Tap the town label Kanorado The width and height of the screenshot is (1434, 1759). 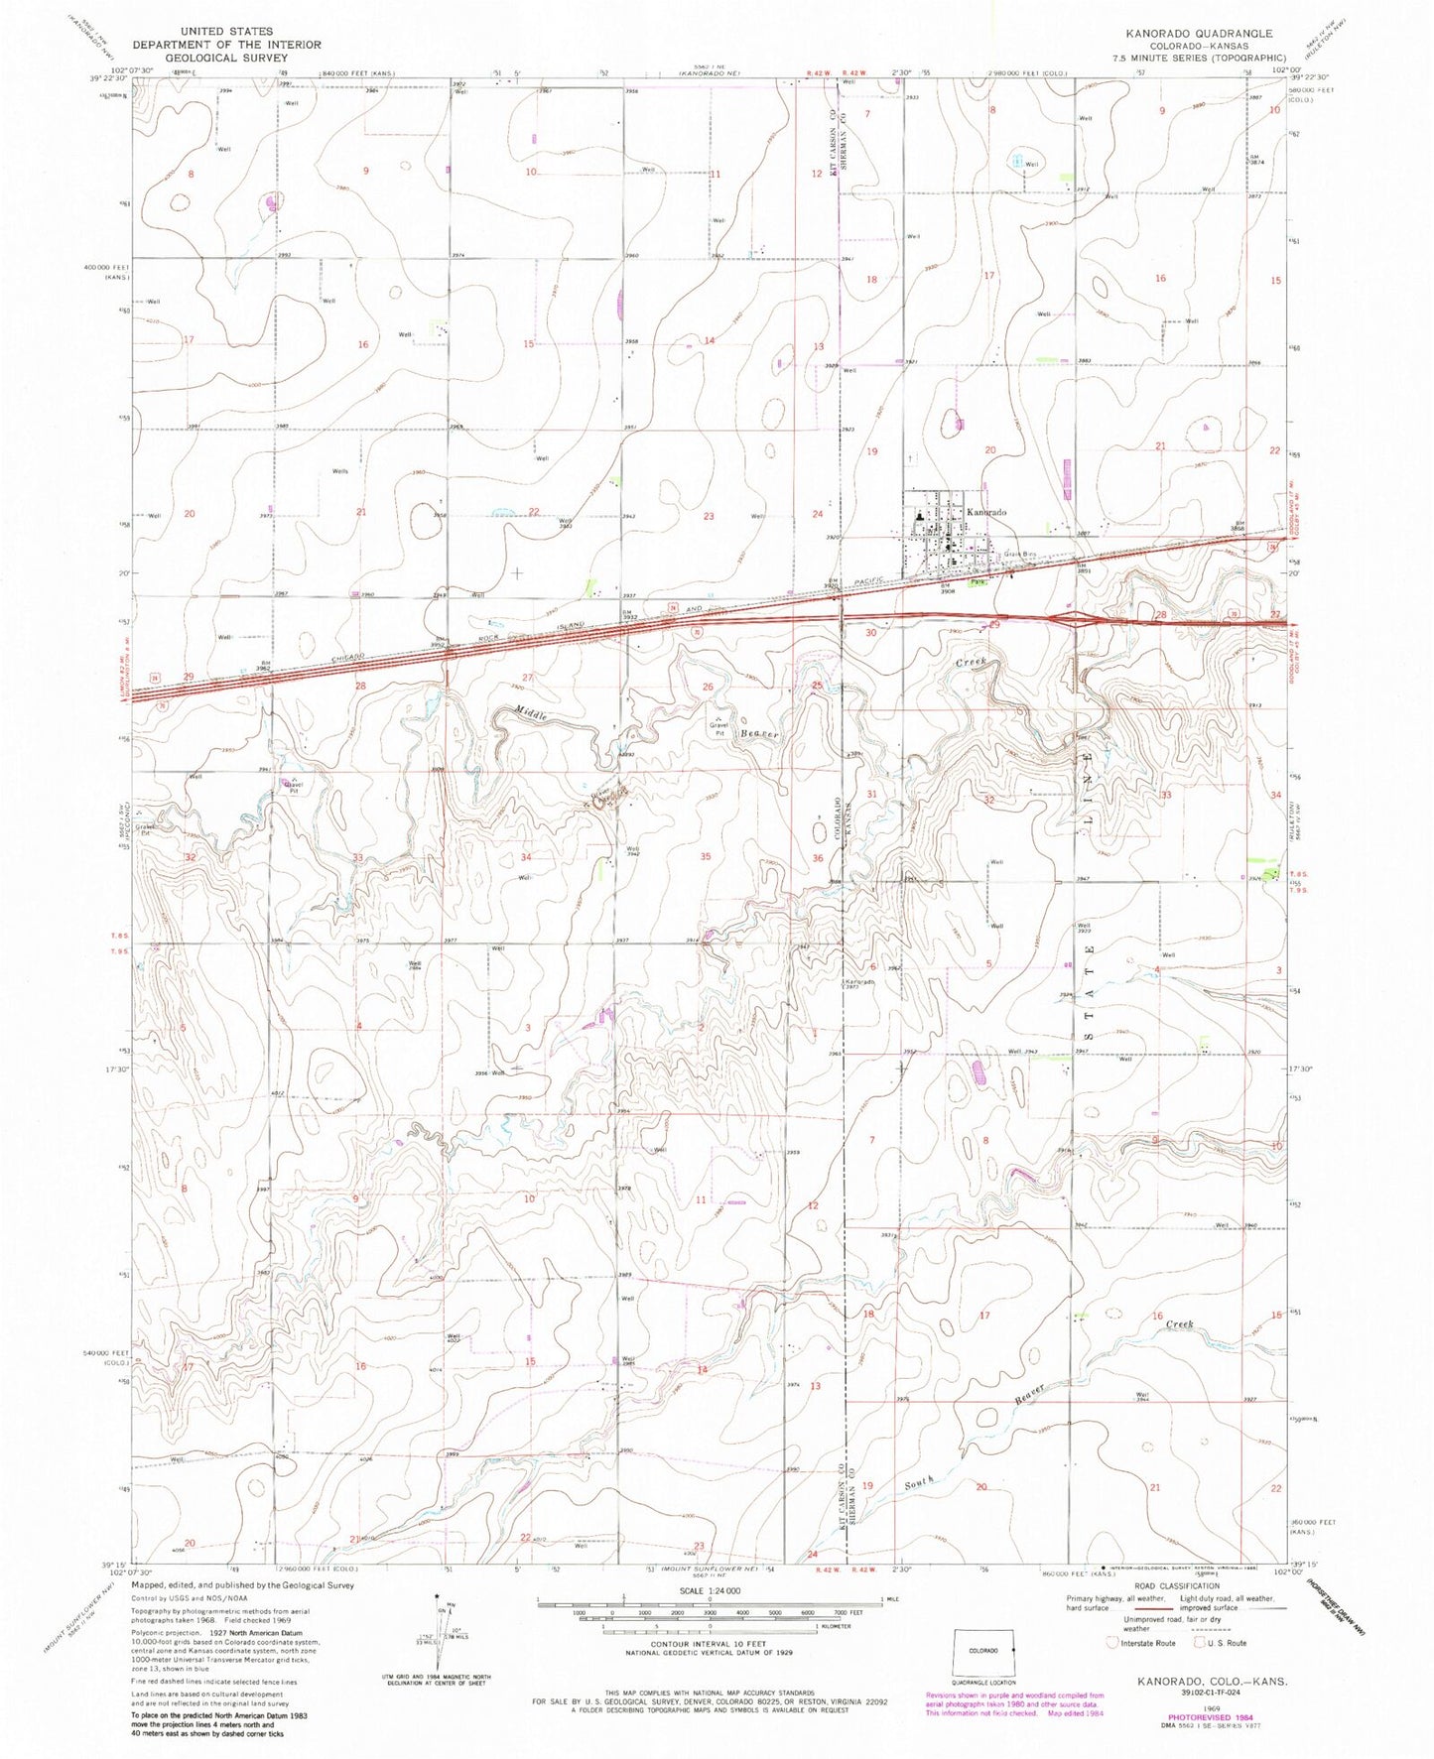point(986,512)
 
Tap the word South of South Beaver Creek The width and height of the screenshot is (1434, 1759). point(919,1483)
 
